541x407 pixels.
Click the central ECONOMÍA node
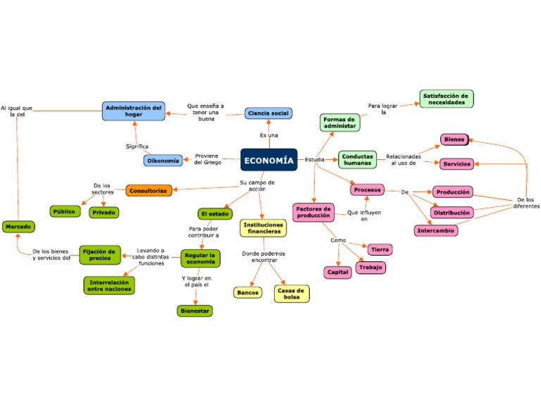268,161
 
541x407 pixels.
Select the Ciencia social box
268,113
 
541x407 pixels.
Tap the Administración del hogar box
134,111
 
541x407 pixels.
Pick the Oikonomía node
163,161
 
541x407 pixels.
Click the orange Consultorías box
149,190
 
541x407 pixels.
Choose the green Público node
65,211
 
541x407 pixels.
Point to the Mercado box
18,227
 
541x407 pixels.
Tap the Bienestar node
194,310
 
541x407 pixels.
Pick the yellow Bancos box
247,292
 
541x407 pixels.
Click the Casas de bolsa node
292,294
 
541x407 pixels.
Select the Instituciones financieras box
263,228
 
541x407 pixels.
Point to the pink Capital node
337,272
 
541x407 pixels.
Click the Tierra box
380,249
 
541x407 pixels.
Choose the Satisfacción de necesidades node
447,99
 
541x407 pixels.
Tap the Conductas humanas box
358,160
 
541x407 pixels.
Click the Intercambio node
435,230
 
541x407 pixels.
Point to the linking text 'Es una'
269,134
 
